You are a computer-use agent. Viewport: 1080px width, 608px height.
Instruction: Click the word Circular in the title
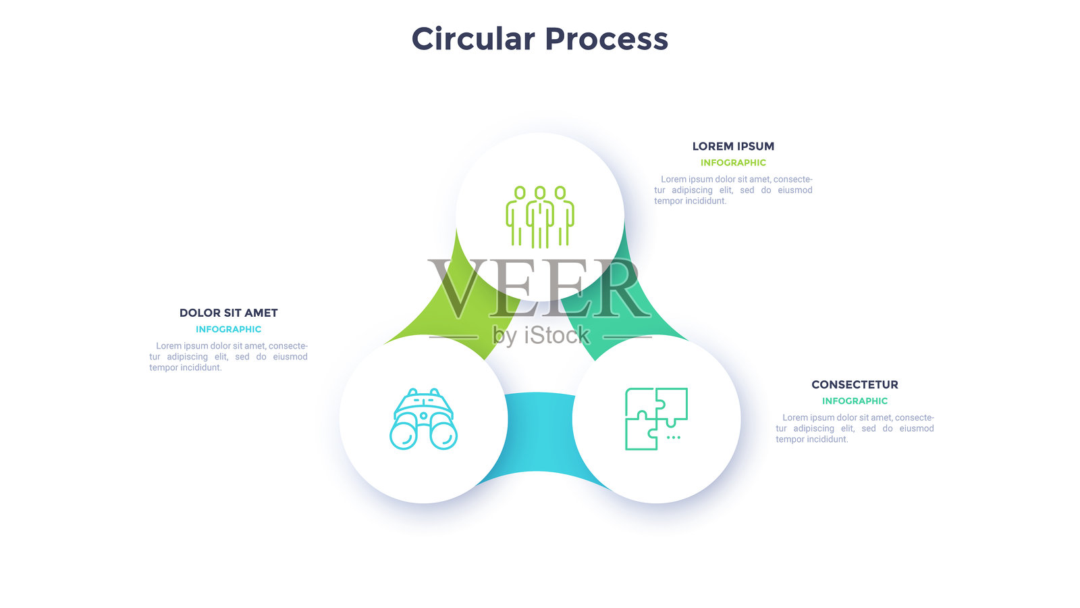pyautogui.click(x=473, y=39)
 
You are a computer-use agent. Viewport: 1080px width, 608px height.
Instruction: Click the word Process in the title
pyautogui.click(x=606, y=39)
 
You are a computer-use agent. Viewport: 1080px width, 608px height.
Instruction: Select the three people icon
pyautogui.click(x=540, y=216)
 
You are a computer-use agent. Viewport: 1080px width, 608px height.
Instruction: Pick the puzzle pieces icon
pyautogui.click(x=656, y=419)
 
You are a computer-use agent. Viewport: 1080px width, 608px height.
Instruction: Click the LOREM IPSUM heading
pyautogui.click(x=733, y=146)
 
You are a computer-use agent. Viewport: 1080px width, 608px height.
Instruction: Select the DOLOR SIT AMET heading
pyautogui.click(x=228, y=313)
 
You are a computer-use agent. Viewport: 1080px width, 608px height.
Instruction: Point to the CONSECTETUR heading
pyautogui.click(x=855, y=384)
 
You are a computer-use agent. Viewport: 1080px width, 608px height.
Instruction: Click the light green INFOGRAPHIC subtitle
pyautogui.click(x=733, y=163)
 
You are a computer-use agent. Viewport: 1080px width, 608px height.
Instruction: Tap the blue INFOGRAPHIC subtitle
pyautogui.click(x=228, y=330)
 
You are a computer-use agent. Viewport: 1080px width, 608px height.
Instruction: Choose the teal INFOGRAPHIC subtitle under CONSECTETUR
pyautogui.click(x=855, y=401)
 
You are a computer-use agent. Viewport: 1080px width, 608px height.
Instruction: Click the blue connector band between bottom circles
pyautogui.click(x=539, y=432)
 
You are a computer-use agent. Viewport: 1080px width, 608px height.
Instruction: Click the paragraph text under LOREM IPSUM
pyautogui.click(x=733, y=190)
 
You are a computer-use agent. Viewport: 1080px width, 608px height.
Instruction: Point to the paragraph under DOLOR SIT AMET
pyautogui.click(x=228, y=357)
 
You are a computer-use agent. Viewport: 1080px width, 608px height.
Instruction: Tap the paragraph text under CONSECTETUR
pyautogui.click(x=855, y=428)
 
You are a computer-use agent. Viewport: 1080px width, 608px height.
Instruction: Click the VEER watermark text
pyautogui.click(x=540, y=289)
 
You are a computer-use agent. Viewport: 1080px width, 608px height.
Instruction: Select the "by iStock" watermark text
pyautogui.click(x=541, y=335)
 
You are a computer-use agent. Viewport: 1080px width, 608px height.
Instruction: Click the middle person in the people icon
pyautogui.click(x=540, y=216)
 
